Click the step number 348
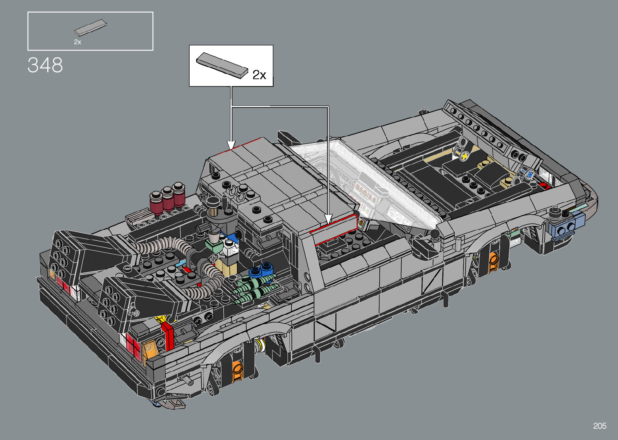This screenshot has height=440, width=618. (45, 65)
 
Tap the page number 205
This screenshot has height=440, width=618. (600, 425)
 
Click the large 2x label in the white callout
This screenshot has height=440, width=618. (259, 75)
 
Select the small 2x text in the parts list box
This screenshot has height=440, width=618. (78, 42)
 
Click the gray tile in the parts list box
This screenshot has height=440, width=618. (90, 27)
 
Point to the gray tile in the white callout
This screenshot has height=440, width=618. (222, 65)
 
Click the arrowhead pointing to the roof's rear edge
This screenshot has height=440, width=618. (231, 145)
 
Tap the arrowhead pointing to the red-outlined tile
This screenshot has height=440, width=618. (328, 220)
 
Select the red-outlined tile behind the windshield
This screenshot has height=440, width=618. (333, 229)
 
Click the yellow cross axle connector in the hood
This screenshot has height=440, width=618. (465, 156)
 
